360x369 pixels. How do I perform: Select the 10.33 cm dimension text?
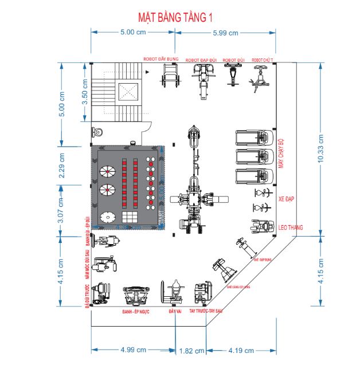pyautogui.click(x=320, y=151)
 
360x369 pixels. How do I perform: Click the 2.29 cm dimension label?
pyautogui.click(x=62, y=163)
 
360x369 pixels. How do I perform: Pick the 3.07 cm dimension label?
pyautogui.click(x=62, y=206)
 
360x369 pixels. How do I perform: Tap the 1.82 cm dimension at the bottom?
pyautogui.click(x=191, y=351)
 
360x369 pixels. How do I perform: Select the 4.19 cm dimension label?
pyautogui.click(x=241, y=351)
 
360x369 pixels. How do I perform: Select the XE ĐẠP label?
pyautogui.click(x=285, y=201)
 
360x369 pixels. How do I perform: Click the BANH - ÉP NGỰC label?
pyautogui.click(x=136, y=312)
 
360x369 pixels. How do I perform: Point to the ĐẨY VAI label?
pyautogui.click(x=175, y=312)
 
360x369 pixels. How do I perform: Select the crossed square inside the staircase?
pyautogui.click(x=128, y=91)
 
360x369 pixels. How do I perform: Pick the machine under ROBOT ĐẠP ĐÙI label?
pyautogui.click(x=203, y=80)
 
